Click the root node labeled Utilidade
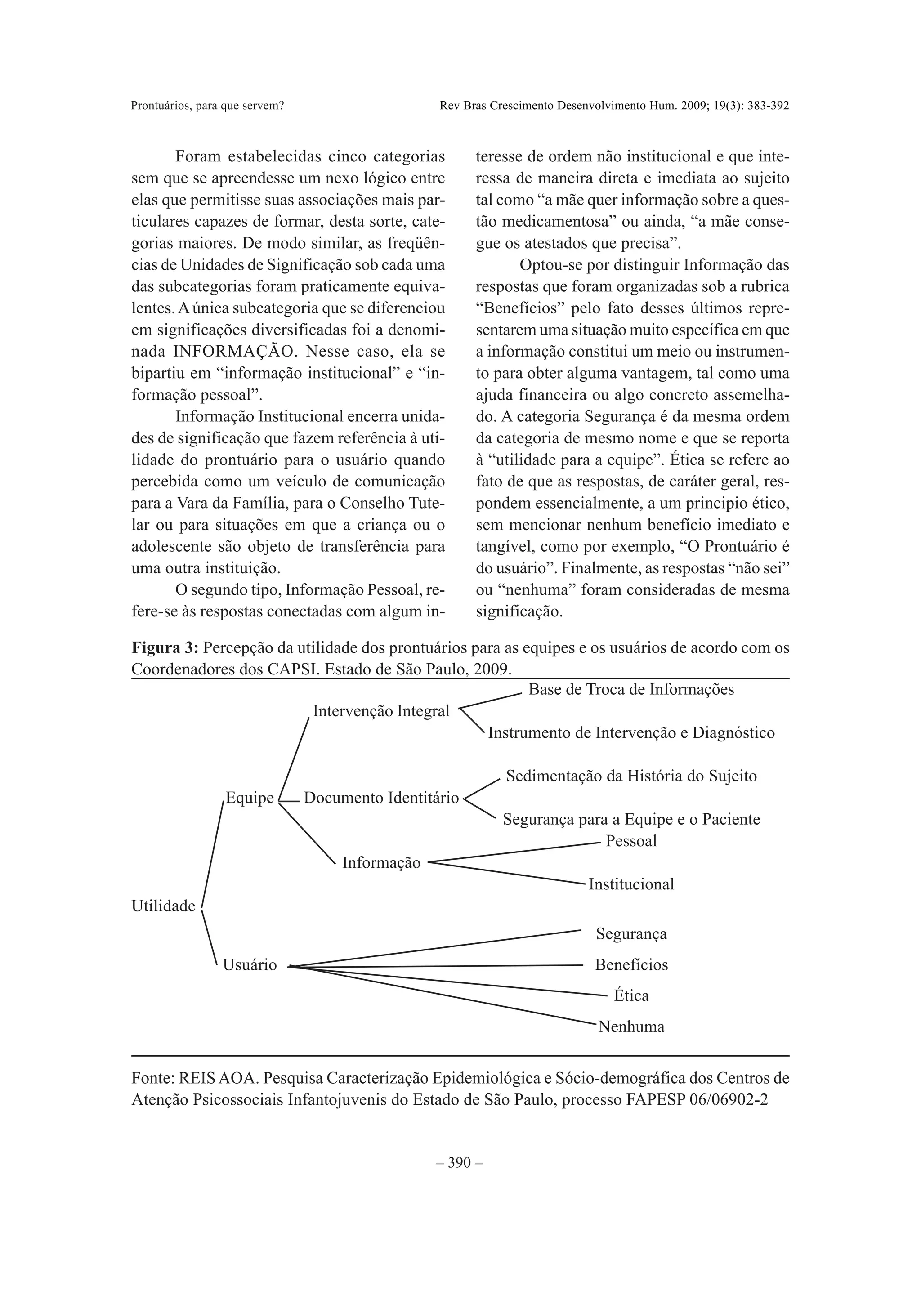click(x=163, y=906)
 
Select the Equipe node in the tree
click(x=250, y=798)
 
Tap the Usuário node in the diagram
click(x=250, y=965)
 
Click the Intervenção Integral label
click(x=381, y=711)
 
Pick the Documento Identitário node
click(x=381, y=798)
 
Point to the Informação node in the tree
click(x=381, y=863)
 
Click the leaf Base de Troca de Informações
click(x=631, y=690)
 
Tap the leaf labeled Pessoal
click(x=631, y=841)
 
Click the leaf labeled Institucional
click(x=631, y=884)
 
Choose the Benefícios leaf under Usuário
click(x=631, y=965)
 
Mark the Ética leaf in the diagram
click(x=631, y=995)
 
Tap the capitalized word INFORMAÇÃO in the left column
click(x=234, y=352)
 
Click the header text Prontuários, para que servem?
click(x=207, y=106)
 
